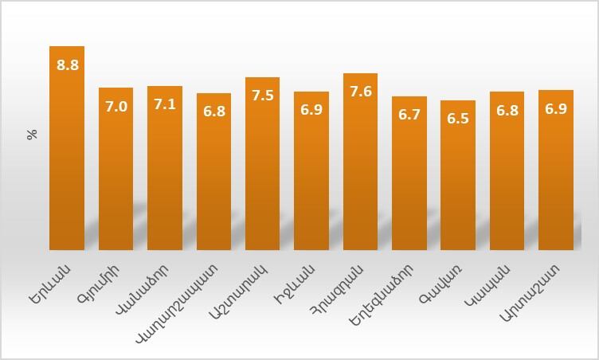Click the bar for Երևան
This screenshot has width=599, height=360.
67,159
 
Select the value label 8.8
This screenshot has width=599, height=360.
68,65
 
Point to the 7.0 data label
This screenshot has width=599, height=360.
116,106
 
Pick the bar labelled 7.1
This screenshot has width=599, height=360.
165,175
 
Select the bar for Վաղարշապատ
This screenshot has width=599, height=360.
213,183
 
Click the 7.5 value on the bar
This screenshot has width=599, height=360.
263,96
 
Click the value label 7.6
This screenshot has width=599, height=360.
361,92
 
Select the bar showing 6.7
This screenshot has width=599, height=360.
409,183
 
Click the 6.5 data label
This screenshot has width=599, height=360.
458,119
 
